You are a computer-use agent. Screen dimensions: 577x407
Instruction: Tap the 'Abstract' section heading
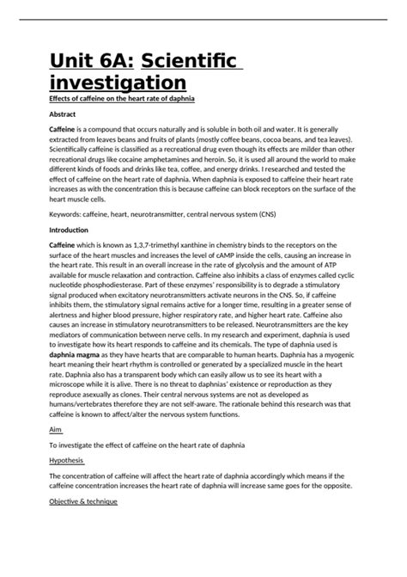pos(63,114)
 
